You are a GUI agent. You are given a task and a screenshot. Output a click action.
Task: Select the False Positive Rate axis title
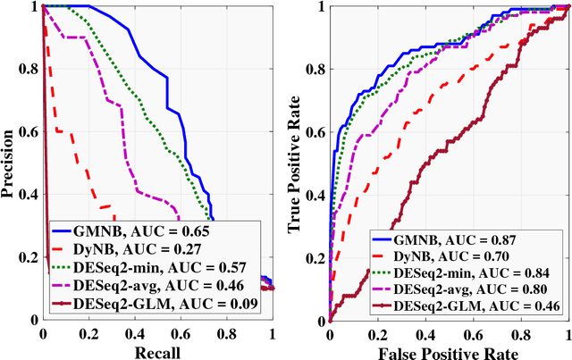point(449,351)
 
